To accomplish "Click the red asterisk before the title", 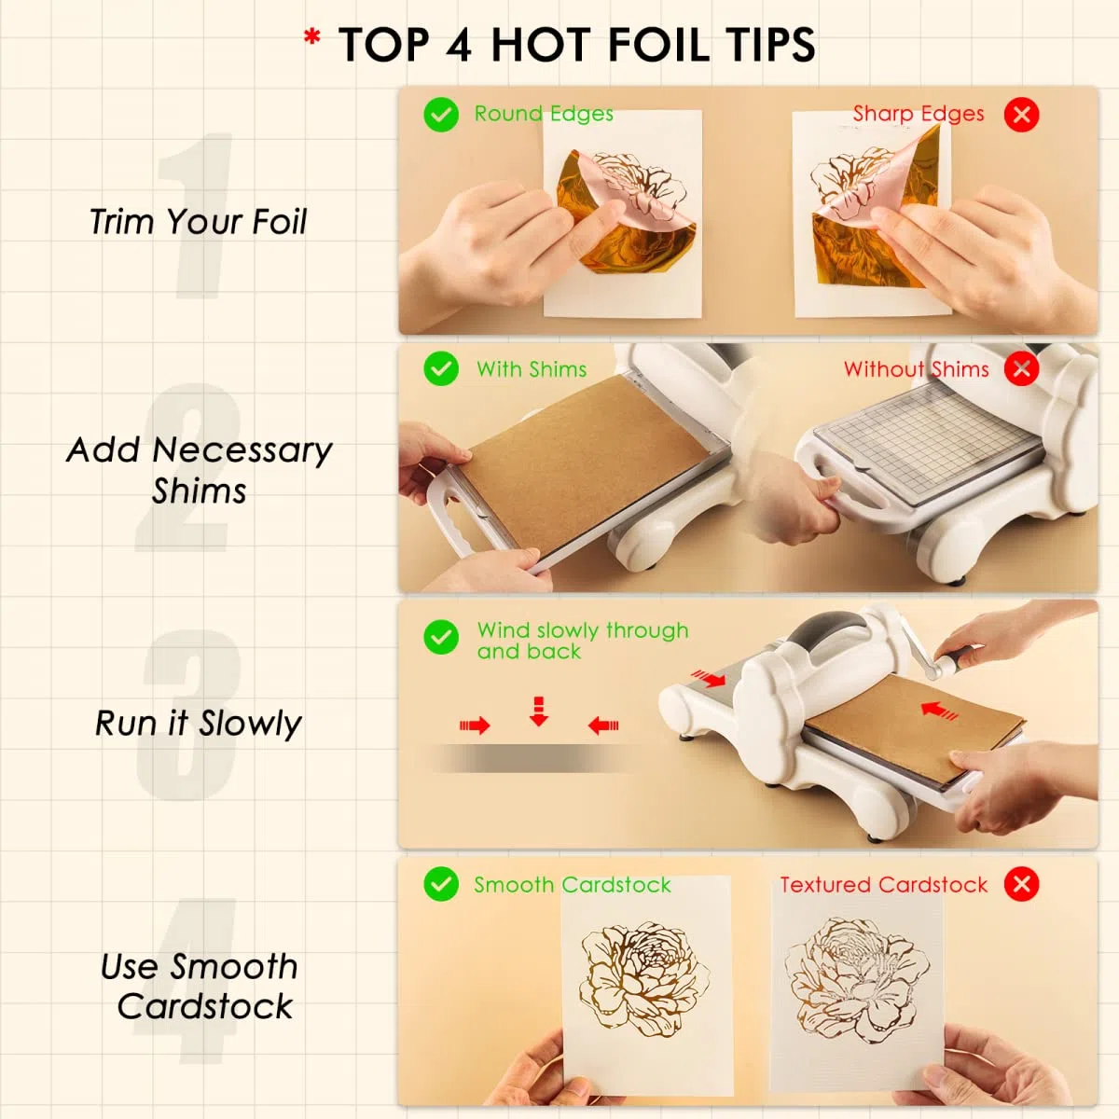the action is point(311,37).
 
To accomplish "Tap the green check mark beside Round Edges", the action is point(441,115).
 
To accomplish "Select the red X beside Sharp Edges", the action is point(1021,115).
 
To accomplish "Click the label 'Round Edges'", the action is point(544,114).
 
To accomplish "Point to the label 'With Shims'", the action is point(532,369).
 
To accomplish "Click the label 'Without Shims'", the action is point(916,369).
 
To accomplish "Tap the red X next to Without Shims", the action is point(1021,368).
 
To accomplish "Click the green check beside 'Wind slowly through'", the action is point(441,637).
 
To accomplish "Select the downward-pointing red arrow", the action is point(539,711).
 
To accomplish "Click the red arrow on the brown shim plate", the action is point(939,711).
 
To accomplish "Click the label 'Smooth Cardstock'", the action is point(572,885).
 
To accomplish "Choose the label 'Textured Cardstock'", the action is point(883,885).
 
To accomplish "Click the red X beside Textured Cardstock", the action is point(1021,884).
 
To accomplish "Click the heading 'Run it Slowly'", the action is point(198,724).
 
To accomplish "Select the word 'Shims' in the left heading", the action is point(200,491).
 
